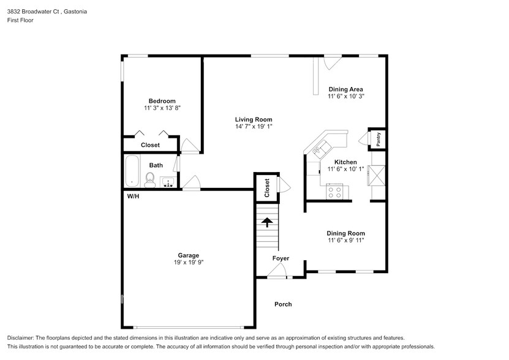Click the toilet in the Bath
pos(149,178)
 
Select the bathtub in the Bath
pos(132,171)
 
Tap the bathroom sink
pos(167,181)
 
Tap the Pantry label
pos(379,139)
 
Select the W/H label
pos(133,197)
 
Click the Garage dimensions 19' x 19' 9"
pos(188,262)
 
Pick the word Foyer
pos(281,258)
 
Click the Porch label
pos(283,304)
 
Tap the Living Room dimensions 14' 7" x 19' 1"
pos(254,127)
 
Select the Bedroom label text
pos(162,101)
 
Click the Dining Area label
pos(345,89)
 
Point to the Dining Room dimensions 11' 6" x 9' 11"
pos(345,241)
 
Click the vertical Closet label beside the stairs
pos(266,188)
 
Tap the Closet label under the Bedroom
pos(150,145)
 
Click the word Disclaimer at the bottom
pos(23,338)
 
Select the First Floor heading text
pos(20,20)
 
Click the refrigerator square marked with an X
pos(377,176)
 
